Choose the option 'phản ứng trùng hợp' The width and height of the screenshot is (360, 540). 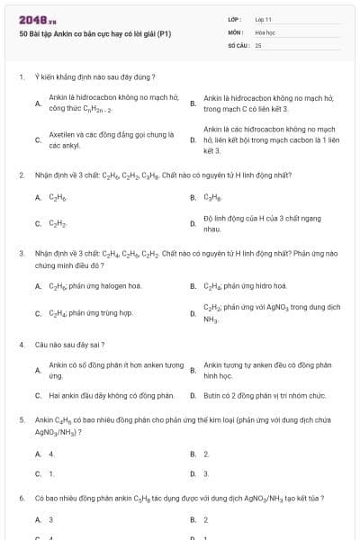(x=90, y=313)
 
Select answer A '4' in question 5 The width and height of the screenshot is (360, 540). (x=50, y=454)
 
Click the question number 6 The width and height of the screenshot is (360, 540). (x=21, y=498)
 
